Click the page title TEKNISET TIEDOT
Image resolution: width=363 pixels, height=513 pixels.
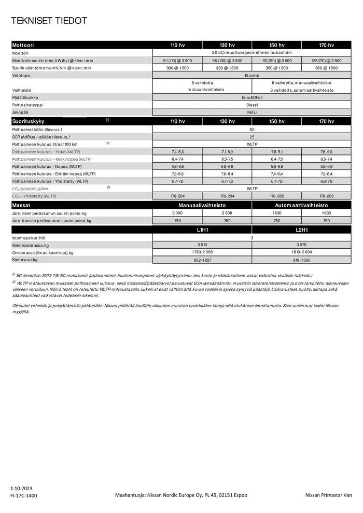(49, 21)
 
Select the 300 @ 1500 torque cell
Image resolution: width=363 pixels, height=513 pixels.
(177, 68)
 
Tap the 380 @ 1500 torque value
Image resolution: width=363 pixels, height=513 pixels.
(326, 68)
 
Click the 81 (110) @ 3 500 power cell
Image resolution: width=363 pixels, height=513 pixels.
(177, 61)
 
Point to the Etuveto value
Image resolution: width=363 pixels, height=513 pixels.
(252, 75)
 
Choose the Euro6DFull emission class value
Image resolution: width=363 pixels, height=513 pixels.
(252, 97)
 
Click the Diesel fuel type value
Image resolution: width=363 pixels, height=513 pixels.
(252, 104)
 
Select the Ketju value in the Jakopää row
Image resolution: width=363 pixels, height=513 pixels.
(252, 111)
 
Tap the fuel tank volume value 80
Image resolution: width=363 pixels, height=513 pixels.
(252, 129)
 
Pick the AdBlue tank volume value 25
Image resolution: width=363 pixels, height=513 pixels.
(252, 136)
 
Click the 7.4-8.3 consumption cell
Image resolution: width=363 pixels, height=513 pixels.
(177, 151)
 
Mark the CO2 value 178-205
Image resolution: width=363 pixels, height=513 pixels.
(326, 196)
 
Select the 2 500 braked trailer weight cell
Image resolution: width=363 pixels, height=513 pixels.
(227, 213)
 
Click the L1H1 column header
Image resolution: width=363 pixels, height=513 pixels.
(202, 229)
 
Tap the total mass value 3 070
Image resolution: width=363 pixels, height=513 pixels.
(301, 245)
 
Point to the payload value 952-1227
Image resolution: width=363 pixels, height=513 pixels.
(202, 260)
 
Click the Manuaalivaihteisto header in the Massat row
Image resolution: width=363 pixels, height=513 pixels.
(202, 205)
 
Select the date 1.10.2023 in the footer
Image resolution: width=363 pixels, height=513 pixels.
(21, 488)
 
